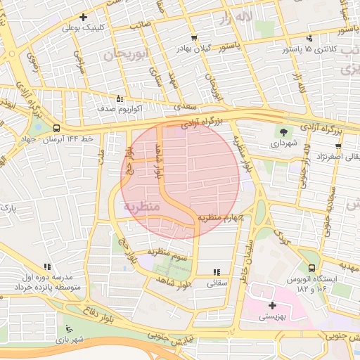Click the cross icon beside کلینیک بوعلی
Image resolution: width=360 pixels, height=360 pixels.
[84, 17]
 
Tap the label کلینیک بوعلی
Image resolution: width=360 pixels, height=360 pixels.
[83, 28]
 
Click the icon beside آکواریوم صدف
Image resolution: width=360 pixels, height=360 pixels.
[119, 98]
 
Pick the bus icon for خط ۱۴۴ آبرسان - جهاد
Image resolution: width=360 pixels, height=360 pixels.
[56, 127]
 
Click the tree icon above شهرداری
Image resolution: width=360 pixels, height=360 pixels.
[283, 131]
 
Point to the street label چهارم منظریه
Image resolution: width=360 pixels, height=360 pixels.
[219, 217]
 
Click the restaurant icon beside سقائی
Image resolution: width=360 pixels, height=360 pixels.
[216, 271]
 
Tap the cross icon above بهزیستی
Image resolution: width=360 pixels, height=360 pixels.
[272, 305]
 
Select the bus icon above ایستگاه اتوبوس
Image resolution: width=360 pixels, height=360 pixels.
[311, 267]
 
